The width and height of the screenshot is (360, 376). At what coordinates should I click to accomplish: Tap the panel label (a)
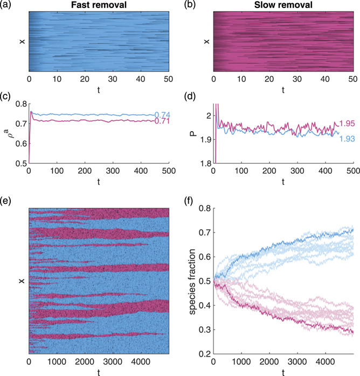[9, 6]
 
